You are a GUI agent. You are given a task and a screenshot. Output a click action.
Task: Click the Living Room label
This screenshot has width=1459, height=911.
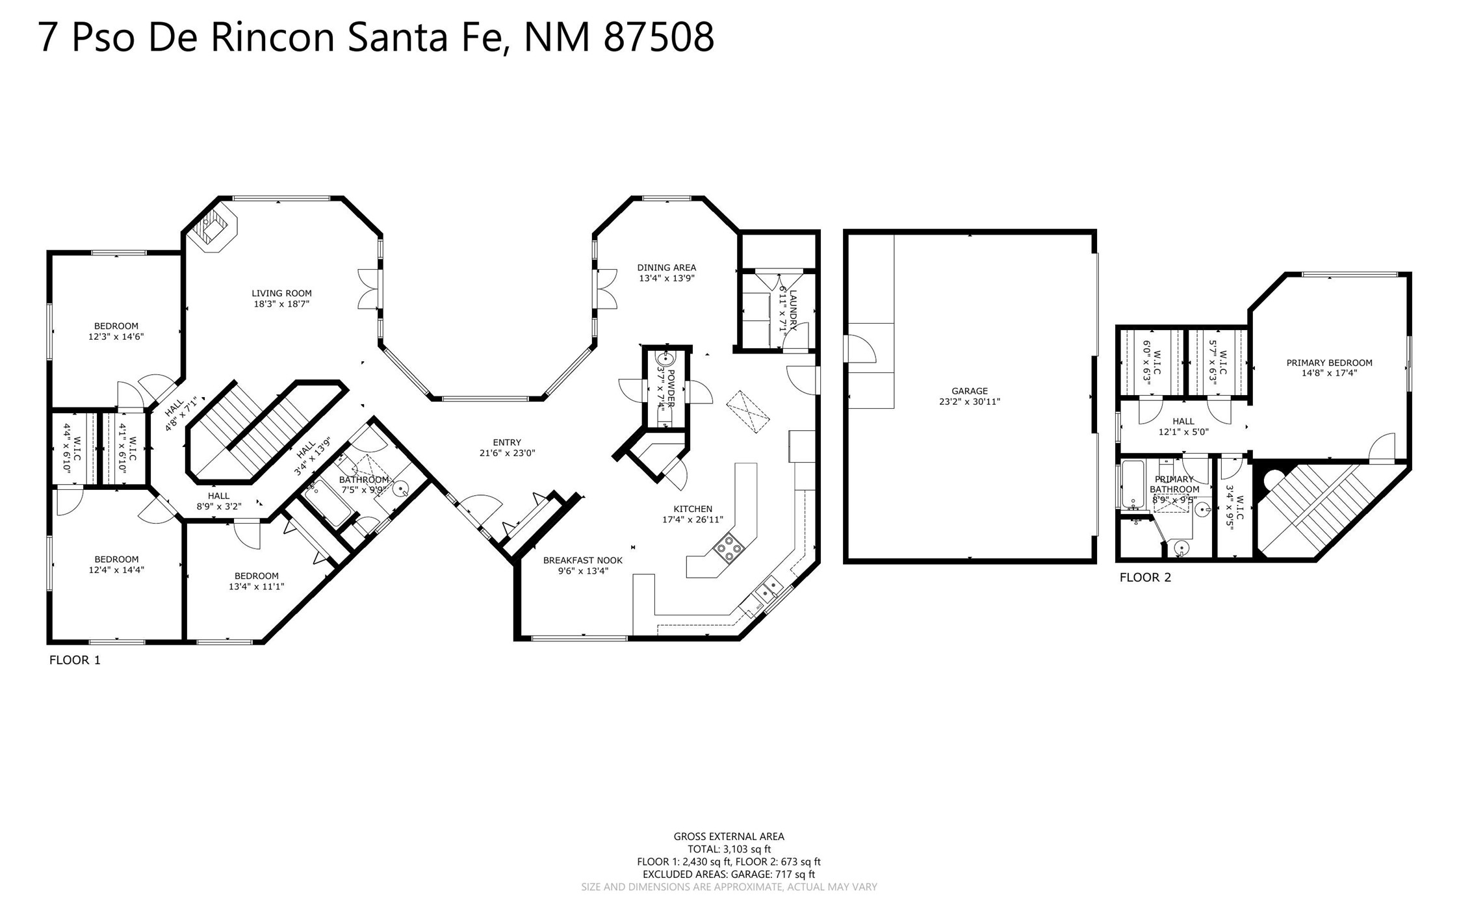coord(281,293)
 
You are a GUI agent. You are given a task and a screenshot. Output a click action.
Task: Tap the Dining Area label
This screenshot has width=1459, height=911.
coord(666,267)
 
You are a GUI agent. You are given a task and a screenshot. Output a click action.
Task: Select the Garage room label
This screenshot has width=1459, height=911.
coord(970,391)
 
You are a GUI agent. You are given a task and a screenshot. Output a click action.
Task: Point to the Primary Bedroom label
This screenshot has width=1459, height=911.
coord(1329,363)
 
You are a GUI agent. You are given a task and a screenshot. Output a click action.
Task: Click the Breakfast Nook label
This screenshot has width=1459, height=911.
coord(582,560)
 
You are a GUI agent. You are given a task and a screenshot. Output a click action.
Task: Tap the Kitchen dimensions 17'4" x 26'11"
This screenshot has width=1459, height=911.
coord(693,519)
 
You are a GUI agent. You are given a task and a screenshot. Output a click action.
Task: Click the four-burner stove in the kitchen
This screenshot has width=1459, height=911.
coord(729,546)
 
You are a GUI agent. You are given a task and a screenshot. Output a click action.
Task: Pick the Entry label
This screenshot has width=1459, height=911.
coord(507,443)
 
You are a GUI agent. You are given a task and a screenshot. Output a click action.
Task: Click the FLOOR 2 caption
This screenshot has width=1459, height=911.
coord(1145,577)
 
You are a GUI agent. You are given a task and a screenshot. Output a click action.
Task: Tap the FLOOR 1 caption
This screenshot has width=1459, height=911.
coord(75,660)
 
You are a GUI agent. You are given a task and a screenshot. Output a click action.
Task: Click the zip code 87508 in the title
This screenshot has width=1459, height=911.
coord(659,37)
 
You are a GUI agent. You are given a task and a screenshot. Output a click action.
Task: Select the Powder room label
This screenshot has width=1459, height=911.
coord(671,388)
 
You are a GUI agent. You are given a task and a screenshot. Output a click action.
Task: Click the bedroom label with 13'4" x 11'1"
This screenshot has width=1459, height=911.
coord(256,576)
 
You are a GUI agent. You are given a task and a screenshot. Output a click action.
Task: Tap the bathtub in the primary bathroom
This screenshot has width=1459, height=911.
coord(1133,484)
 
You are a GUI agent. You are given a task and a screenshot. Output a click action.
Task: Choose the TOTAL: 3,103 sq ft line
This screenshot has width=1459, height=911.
coord(729,849)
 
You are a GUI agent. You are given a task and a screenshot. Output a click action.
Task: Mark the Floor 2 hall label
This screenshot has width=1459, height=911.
coord(1183,421)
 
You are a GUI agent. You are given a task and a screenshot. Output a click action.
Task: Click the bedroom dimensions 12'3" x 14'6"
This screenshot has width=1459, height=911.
coord(116,337)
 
